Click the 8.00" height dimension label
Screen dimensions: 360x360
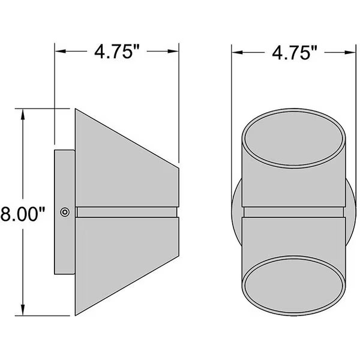[23, 214]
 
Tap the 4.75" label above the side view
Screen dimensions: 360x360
[117, 52]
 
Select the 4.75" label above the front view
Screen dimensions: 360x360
[295, 53]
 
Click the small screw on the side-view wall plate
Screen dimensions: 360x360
[65, 212]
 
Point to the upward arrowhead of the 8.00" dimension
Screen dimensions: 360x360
[23, 114]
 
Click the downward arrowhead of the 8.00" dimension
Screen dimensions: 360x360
[23, 310]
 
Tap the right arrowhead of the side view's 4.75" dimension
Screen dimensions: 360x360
[173, 51]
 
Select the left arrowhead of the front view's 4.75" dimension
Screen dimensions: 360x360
[238, 53]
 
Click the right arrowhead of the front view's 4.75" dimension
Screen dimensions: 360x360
[350, 53]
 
